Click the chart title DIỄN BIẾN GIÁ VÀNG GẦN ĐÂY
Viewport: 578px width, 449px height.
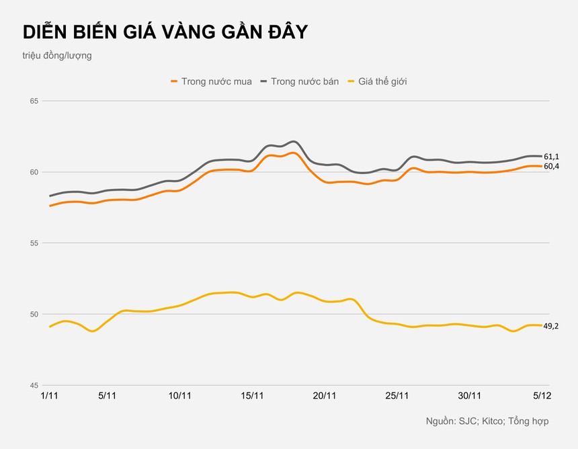[165, 32]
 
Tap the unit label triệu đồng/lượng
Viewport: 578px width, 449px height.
[57, 56]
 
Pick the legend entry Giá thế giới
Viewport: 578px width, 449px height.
[382, 81]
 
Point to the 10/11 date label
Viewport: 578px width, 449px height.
[179, 396]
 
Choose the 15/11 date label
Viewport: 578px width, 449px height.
[251, 396]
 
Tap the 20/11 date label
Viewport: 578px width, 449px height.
[325, 396]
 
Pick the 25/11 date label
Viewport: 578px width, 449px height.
[397, 396]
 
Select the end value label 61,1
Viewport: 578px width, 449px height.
[551, 157]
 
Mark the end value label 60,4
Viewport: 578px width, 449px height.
[551, 166]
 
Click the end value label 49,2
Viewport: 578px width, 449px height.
[551, 326]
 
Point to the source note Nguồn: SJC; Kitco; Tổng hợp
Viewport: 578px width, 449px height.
[487, 421]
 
